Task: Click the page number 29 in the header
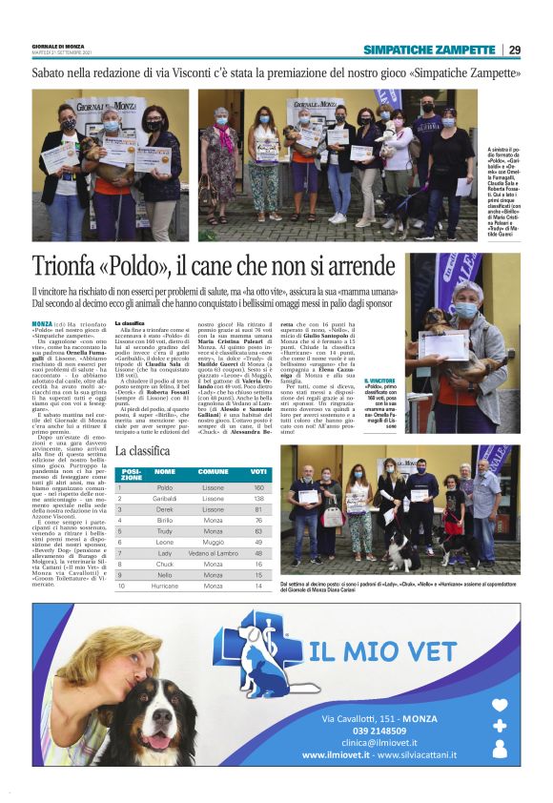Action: point(515,50)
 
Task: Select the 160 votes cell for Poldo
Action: point(258,487)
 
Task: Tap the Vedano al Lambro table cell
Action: point(213,552)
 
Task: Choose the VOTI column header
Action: point(258,471)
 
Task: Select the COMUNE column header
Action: point(213,471)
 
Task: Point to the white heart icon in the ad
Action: point(500,707)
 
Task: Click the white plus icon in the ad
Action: point(500,726)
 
